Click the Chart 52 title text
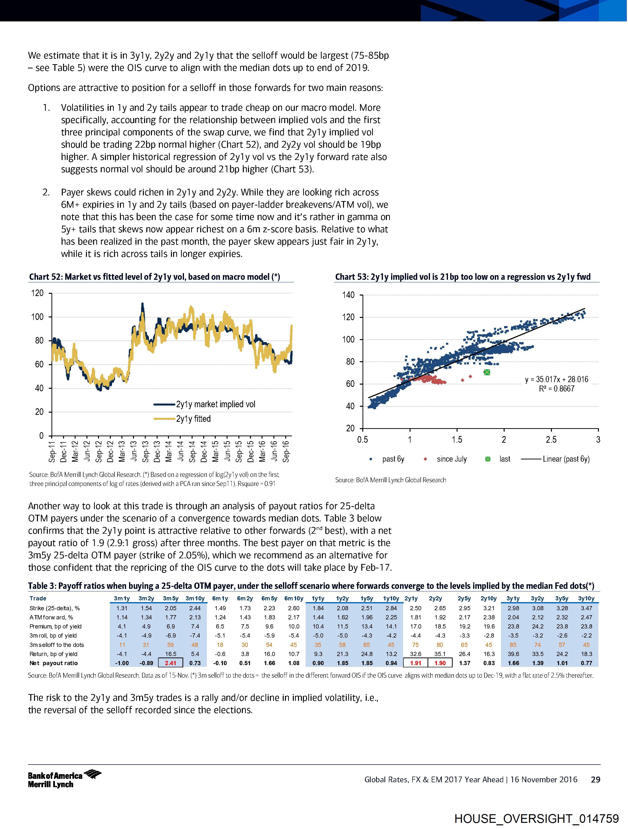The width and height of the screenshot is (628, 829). pyautogui.click(x=155, y=277)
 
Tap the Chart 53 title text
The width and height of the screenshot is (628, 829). pyautogui.click(x=463, y=277)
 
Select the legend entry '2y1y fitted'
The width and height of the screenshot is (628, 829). pyautogui.click(x=193, y=419)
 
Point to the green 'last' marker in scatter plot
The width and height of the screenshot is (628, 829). pyautogui.click(x=487, y=372)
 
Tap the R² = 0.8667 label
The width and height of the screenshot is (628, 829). pyautogui.click(x=556, y=389)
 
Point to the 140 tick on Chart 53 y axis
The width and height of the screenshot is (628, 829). pyautogui.click(x=348, y=295)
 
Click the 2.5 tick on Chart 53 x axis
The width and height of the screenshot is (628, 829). pyautogui.click(x=551, y=440)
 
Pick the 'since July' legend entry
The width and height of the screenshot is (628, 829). pyautogui.click(x=451, y=459)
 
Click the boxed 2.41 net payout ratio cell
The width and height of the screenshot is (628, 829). pyautogui.click(x=171, y=663)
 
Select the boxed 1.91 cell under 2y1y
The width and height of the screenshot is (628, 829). pyautogui.click(x=416, y=663)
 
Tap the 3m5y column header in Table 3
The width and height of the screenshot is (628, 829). pyautogui.click(x=171, y=598)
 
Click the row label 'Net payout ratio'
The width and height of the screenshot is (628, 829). pyautogui.click(x=54, y=663)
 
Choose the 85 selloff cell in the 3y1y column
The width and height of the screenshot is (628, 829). pyautogui.click(x=513, y=645)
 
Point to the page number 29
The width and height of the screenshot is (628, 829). pyautogui.click(x=595, y=780)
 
